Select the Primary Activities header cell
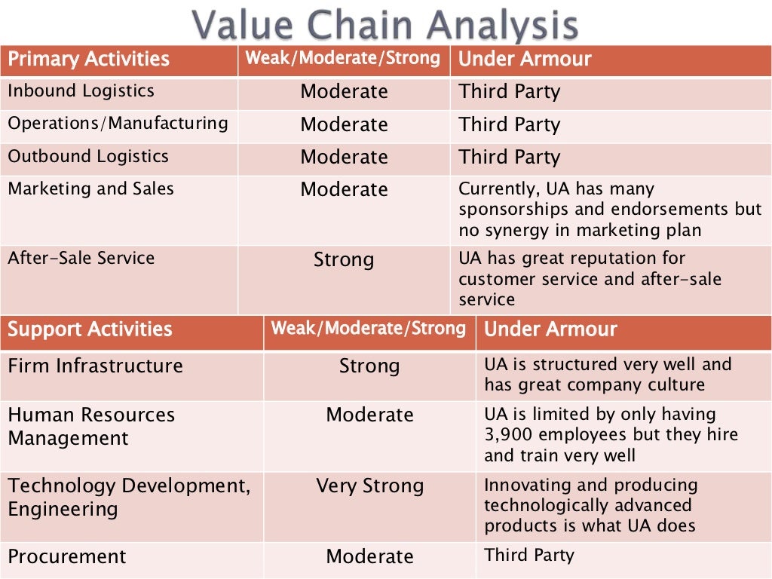[x=88, y=60]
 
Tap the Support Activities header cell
[x=90, y=329]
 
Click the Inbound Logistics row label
[x=81, y=91]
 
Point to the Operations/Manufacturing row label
[x=118, y=124]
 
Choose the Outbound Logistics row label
[x=88, y=157]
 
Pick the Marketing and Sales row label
[x=90, y=188]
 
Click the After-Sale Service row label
[x=81, y=258]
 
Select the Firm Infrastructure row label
[x=95, y=366]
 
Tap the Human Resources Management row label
[x=90, y=426]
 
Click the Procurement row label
[x=67, y=557]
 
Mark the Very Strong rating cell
[x=369, y=486]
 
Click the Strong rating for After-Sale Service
[x=344, y=260]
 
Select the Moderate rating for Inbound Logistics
[x=344, y=92]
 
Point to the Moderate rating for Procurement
[x=369, y=557]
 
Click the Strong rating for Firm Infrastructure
[x=369, y=366]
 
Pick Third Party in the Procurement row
[x=529, y=556]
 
